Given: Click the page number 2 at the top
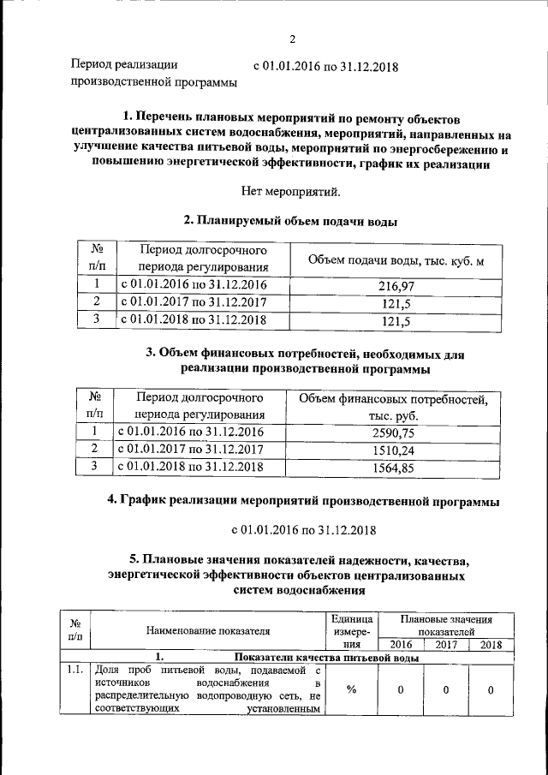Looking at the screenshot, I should click(x=291, y=39).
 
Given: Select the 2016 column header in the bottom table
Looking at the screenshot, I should click(x=400, y=645).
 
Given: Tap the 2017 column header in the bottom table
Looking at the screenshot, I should click(x=445, y=645).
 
